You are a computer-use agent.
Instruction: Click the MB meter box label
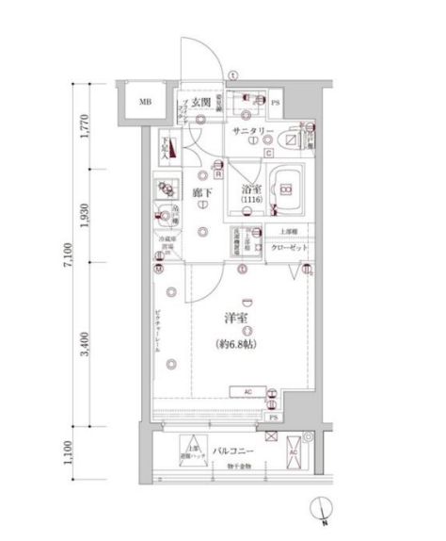146,103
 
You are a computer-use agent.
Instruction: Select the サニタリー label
254,132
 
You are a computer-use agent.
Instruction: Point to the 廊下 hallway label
200,193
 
